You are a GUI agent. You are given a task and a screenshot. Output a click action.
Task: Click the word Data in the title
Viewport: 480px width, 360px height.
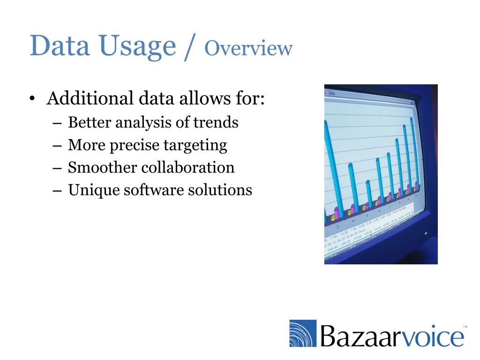tap(55, 47)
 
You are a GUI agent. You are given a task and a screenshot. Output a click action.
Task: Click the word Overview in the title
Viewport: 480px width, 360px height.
tap(248, 48)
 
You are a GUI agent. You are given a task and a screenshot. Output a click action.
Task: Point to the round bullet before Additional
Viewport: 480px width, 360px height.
tap(31, 99)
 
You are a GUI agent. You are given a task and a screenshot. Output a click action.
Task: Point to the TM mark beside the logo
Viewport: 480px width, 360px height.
tap(465, 326)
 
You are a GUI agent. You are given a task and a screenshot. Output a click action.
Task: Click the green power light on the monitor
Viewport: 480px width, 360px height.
tap(426, 233)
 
